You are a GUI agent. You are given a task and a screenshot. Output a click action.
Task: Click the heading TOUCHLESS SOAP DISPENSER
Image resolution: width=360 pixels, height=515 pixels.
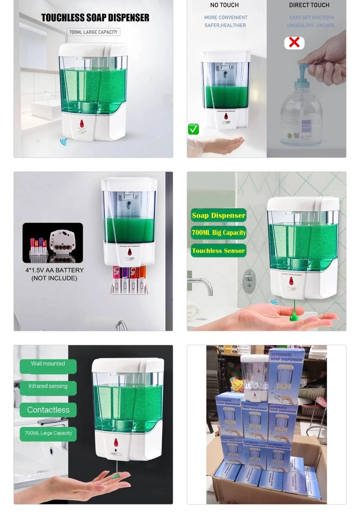(x=95, y=18)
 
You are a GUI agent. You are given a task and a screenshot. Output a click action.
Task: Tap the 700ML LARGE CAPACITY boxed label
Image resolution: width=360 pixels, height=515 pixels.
(x=93, y=32)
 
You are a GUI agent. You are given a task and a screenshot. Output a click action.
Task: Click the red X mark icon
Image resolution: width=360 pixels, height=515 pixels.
(x=294, y=43)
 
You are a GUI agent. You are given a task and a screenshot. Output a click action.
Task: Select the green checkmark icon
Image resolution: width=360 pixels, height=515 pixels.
(x=193, y=129)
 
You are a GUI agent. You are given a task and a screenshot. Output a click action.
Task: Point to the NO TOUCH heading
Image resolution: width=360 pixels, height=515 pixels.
(x=224, y=5)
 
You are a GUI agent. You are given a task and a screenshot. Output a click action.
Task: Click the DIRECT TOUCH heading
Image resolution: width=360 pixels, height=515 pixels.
(x=309, y=5)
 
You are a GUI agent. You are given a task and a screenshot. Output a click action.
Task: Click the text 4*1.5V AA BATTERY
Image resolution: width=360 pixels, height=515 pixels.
(x=54, y=270)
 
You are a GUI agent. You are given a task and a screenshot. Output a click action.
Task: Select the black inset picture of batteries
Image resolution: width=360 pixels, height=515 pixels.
(x=53, y=243)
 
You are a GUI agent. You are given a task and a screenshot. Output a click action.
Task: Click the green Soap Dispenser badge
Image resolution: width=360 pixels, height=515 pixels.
(x=218, y=215)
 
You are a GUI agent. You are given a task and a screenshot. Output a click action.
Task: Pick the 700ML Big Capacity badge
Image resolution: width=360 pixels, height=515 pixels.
(x=218, y=233)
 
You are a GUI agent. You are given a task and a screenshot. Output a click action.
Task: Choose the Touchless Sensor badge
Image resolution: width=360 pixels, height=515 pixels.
(x=218, y=251)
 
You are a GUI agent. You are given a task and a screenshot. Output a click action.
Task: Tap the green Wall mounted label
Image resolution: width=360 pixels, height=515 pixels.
(x=48, y=364)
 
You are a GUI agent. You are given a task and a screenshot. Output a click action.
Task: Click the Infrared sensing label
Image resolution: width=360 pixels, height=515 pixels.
(x=48, y=387)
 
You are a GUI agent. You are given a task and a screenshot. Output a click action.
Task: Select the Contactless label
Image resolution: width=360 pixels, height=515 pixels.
(x=48, y=410)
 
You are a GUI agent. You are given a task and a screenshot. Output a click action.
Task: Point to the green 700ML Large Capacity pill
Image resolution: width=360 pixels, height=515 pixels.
(x=48, y=433)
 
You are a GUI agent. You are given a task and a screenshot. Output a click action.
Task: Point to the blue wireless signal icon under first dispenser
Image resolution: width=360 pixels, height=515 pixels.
(x=64, y=141)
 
